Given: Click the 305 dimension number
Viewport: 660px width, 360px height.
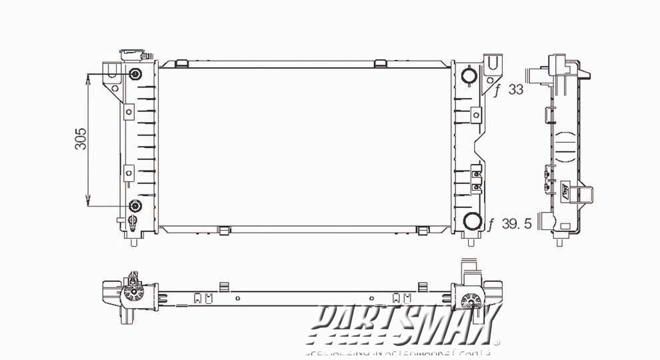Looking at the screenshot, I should pyautogui.click(x=81, y=139).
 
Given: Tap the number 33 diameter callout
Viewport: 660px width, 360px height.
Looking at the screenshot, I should pyautogui.click(x=515, y=90).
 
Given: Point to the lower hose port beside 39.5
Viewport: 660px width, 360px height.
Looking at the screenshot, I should pyautogui.click(x=473, y=223).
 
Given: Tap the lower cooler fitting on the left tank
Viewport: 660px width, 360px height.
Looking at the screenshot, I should pyautogui.click(x=135, y=206).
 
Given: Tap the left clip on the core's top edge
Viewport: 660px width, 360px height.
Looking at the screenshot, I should pyautogui.click(x=180, y=63).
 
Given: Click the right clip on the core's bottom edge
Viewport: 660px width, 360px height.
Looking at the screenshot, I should pyautogui.click(x=421, y=231).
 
